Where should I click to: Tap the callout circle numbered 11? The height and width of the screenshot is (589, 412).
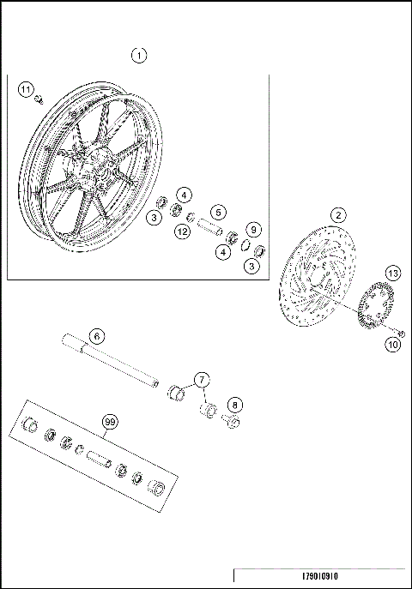pyautogui.click(x=26, y=90)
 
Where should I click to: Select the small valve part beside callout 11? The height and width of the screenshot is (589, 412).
pyautogui.click(x=39, y=100)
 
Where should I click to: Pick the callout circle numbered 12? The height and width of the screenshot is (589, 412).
pyautogui.click(x=182, y=231)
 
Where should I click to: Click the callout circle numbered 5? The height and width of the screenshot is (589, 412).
pyautogui.click(x=219, y=212)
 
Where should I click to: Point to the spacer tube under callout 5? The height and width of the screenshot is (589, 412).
pyautogui.click(x=211, y=229)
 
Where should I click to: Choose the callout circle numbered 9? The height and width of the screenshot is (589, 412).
pyautogui.click(x=253, y=230)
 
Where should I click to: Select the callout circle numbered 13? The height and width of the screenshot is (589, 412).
pyautogui.click(x=392, y=273)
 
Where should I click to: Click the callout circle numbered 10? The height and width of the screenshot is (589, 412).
pyautogui.click(x=392, y=346)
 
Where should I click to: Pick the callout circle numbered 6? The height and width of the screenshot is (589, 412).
pyautogui.click(x=96, y=335)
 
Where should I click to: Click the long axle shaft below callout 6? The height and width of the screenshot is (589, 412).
pyautogui.click(x=112, y=364)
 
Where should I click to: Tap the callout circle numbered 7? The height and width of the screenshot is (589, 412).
pyautogui.click(x=201, y=378)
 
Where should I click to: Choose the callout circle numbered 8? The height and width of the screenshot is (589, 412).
pyautogui.click(x=234, y=403)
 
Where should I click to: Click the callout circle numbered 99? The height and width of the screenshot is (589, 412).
pyautogui.click(x=109, y=422)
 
